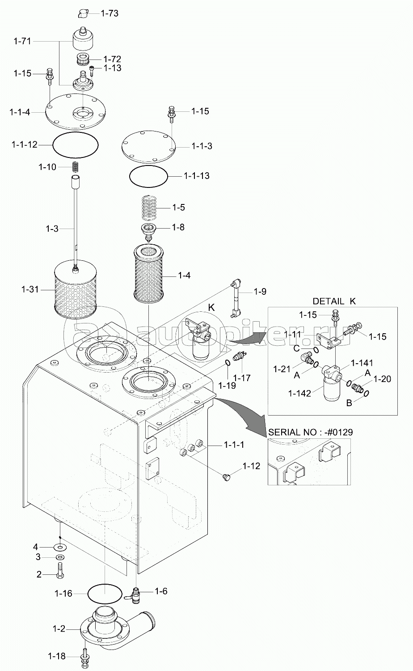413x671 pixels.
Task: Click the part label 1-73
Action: point(110,13)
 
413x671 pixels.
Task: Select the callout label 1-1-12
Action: point(25,144)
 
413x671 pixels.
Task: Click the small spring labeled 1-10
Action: point(76,167)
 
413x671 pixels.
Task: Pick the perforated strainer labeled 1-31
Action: point(75,290)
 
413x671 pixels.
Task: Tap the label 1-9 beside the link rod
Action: point(260,292)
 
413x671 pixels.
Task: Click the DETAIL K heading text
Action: point(334,301)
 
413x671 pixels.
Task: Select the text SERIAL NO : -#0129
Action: point(310,432)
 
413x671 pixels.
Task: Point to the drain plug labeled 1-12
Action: point(227,476)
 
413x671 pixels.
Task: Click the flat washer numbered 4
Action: point(60,548)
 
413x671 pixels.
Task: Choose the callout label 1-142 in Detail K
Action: point(299,393)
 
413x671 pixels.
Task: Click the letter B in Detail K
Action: point(349,403)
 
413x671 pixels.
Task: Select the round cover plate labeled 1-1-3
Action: point(148,146)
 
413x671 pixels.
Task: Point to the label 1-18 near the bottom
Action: point(57,656)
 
